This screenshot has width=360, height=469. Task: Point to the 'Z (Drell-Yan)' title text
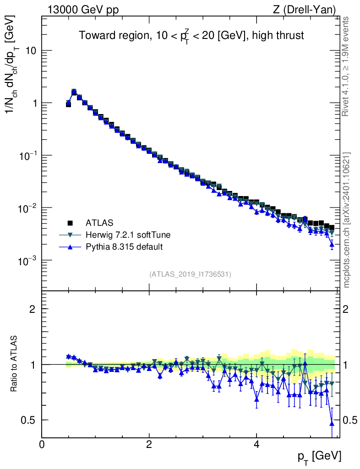[310, 9]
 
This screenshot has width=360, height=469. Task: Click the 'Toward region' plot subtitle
[191, 36]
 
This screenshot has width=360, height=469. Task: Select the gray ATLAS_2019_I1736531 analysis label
[190, 274]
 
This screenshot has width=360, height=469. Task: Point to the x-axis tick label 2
[149, 444]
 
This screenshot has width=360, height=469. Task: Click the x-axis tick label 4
[256, 444]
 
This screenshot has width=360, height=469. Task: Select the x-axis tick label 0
[42, 444]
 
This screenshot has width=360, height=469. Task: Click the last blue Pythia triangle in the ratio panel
[332, 423]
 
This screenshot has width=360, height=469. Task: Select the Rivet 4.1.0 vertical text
[347, 66]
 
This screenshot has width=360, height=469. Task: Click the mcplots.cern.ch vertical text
[347, 220]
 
